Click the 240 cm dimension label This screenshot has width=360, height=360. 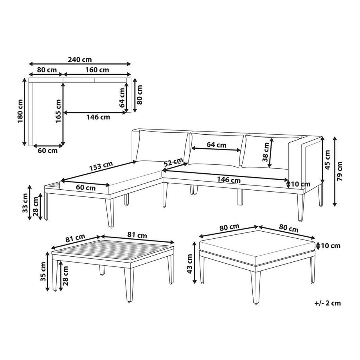tap(80, 60)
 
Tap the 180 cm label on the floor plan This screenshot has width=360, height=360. tap(21, 111)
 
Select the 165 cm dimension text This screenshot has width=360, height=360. tap(59, 111)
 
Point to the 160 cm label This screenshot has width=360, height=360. tap(97, 70)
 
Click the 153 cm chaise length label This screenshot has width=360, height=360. tap(101, 166)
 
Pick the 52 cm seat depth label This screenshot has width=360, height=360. tap(174, 162)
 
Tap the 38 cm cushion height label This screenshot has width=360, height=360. tap(266, 152)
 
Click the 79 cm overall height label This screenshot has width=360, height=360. tap(340, 171)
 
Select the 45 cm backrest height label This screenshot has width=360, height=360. tap(328, 160)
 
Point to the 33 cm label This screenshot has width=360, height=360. tap(25, 203)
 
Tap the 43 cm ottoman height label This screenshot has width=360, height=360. tap(190, 264)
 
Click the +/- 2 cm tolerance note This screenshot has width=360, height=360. tap(328, 303)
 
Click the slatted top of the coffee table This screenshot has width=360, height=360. tap(113, 252)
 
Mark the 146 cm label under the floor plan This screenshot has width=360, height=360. tap(98, 117)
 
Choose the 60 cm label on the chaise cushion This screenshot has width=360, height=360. tap(86, 187)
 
